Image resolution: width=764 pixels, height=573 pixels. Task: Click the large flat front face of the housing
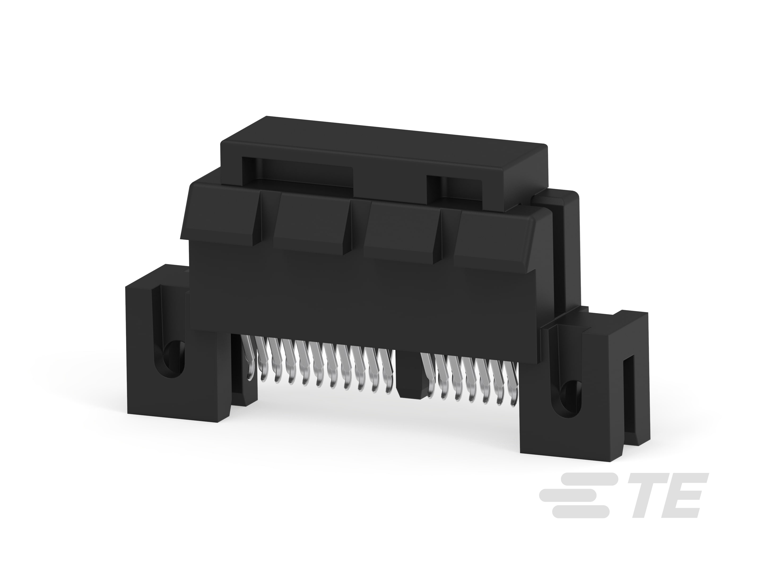point(345,297)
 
